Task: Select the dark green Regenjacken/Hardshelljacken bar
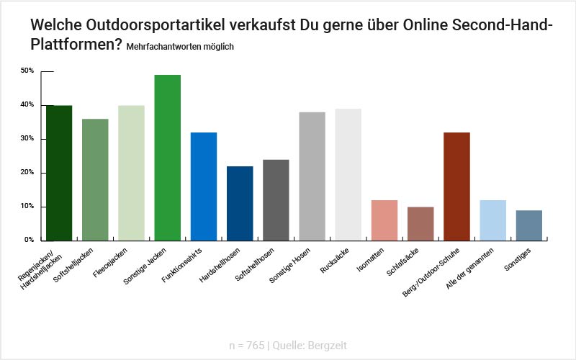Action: tap(59, 173)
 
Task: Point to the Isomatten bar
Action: tap(384, 220)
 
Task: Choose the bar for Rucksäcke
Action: tap(348, 174)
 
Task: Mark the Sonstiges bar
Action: tap(529, 225)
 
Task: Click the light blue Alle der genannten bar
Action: tap(493, 220)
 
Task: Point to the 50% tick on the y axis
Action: tap(27, 71)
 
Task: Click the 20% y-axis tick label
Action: tap(27, 173)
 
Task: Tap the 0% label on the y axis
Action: tap(29, 240)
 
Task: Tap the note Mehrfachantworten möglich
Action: tap(179, 47)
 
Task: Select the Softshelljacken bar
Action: tap(95, 179)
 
